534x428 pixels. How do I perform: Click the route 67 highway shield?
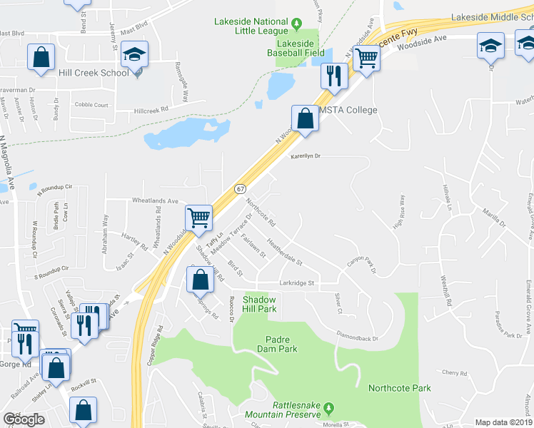point(240,188)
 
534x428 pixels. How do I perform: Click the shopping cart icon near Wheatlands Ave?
point(198,217)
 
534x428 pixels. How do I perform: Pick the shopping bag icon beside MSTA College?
point(305,119)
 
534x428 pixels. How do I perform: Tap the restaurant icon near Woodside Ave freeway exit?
point(333,76)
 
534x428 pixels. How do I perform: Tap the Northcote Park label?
point(399,388)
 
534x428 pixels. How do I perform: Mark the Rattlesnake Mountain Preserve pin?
point(328,409)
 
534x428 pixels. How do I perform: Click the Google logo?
point(24,419)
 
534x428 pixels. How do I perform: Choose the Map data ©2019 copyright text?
point(504,422)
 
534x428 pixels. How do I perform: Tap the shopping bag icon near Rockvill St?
point(83,411)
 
